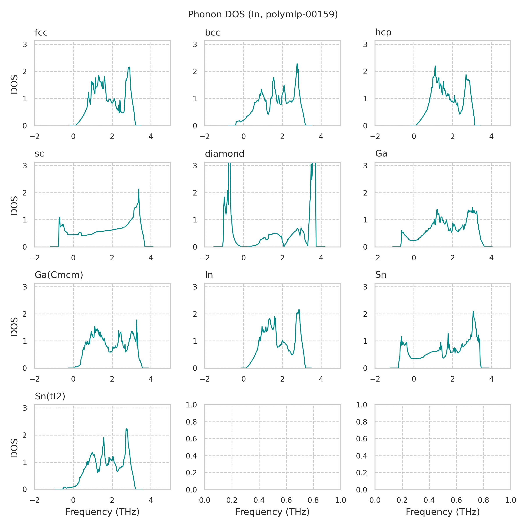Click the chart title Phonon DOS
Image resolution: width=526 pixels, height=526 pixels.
pos(263,14)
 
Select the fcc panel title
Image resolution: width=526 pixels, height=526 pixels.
pos(41,33)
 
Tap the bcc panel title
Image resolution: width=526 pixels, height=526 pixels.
pos(212,33)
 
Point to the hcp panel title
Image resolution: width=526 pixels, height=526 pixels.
pos(383,33)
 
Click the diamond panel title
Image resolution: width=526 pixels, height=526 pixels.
pos(224,154)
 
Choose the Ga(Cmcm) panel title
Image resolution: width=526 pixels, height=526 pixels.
pos(59,275)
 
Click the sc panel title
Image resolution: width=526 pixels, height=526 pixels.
pos(39,154)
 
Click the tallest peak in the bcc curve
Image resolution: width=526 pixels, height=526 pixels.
pos(297,64)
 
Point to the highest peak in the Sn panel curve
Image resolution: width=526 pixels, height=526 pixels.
pos(473,311)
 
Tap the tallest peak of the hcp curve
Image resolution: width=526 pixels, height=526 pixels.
pos(435,66)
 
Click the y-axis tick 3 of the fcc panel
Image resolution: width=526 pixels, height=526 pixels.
pos(25,44)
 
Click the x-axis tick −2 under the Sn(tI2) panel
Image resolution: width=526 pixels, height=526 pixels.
pos(35,500)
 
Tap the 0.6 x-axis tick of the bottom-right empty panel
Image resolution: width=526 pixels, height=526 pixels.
pos(456,500)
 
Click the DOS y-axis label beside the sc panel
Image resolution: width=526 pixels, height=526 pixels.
pos(14,206)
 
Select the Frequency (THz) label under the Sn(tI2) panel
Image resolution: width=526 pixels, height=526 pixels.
pos(102,512)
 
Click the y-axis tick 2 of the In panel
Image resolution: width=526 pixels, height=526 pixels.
pos(195,314)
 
